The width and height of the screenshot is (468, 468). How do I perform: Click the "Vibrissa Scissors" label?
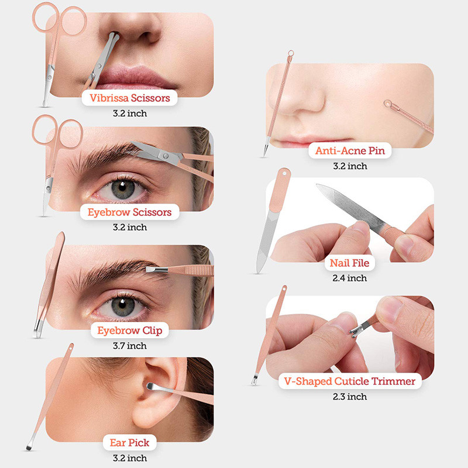pos(130,98)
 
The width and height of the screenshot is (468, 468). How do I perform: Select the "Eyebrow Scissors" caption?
pos(129,212)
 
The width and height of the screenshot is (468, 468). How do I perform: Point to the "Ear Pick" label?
pos(129,443)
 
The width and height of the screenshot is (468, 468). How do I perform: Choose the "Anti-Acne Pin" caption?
pos(350,151)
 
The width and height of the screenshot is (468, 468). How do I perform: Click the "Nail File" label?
pos(349,263)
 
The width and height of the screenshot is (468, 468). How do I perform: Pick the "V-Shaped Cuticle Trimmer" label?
pos(350,381)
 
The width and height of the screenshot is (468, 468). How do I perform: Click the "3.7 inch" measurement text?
pos(129,346)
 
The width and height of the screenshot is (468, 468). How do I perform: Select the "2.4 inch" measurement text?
pos(349,278)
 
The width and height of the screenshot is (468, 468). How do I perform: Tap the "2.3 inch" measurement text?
pos(349,397)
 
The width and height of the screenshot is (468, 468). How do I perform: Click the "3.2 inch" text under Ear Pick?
pos(129,458)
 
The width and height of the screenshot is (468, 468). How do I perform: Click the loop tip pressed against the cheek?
pos(387,105)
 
